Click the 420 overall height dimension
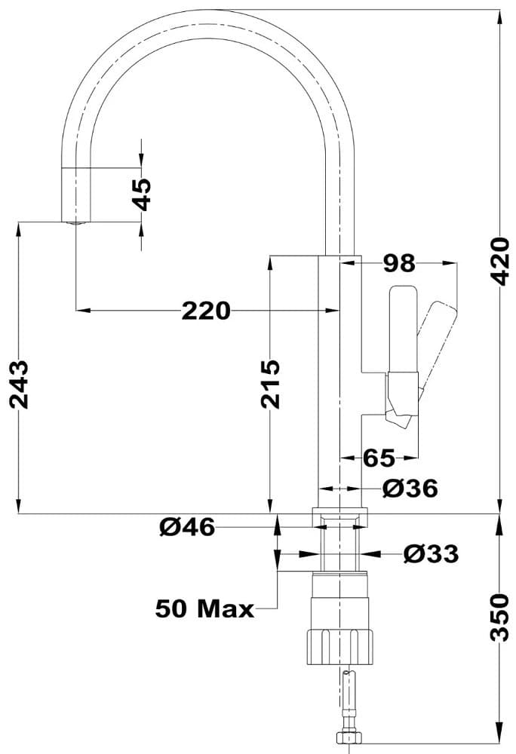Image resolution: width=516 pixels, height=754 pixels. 499,262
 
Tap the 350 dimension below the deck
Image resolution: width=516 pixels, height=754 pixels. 499,617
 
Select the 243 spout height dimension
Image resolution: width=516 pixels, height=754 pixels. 20,384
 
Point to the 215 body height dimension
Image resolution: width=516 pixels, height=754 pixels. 270,384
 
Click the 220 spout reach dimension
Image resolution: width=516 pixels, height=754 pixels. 205,310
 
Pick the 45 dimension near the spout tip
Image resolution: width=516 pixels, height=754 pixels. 141,195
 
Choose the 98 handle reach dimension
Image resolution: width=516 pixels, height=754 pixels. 399,263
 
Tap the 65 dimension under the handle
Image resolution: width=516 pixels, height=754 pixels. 379,457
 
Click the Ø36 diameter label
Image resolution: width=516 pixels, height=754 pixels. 410,489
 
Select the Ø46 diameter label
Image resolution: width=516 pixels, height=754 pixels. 188,527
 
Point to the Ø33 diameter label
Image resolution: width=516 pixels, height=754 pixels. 431,554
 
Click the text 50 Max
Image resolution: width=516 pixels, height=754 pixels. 204,608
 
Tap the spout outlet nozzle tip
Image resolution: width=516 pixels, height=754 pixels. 75,222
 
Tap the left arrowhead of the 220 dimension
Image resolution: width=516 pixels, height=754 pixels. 81,310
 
